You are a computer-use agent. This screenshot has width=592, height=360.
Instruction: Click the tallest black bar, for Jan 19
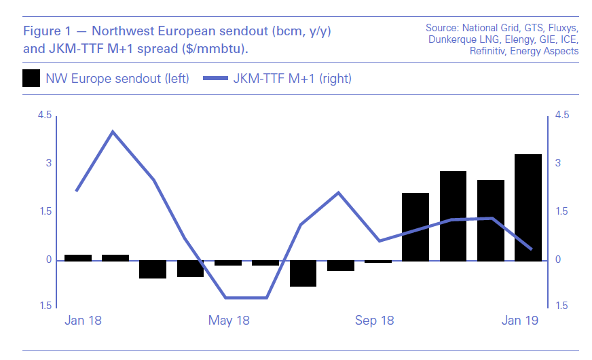click(528, 207)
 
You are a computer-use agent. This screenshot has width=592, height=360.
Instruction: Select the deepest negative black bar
click(303, 273)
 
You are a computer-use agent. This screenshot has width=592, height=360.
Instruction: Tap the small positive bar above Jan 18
click(78, 257)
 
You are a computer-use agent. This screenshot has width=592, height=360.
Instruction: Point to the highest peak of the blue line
click(113, 132)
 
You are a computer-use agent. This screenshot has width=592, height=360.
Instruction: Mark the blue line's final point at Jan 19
click(531, 249)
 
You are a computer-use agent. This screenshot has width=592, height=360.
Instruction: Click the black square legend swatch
click(31, 78)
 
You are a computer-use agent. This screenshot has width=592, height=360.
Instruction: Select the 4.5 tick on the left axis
click(44, 115)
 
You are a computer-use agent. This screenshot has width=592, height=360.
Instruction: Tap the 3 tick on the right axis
click(558, 163)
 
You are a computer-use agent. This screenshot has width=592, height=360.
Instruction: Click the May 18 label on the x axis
click(229, 320)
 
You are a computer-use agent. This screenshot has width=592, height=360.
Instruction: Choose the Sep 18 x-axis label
click(375, 320)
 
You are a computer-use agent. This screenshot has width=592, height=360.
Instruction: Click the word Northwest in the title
click(127, 31)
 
